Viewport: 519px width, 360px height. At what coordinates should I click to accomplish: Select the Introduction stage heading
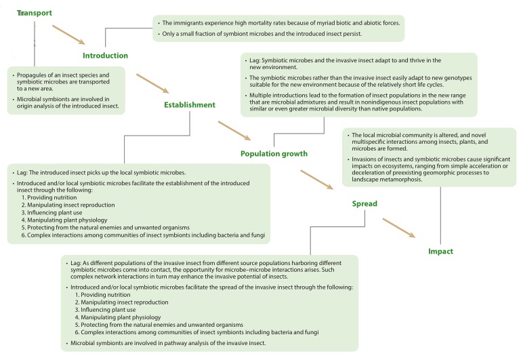click(105, 56)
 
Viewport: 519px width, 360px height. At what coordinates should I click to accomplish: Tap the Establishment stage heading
click(189, 104)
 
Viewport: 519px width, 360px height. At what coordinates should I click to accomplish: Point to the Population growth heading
click(274, 153)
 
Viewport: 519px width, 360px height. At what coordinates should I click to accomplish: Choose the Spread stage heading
click(365, 203)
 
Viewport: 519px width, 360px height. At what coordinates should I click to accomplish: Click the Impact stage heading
click(440, 252)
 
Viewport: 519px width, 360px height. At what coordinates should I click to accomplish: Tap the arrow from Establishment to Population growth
click(234, 130)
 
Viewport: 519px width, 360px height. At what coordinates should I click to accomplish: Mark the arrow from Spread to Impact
click(398, 228)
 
